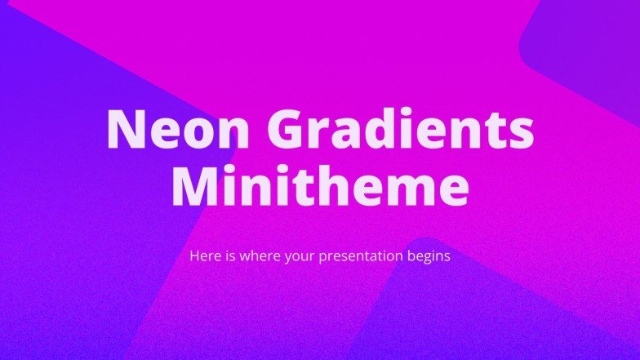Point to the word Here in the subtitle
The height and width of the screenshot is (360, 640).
point(203,256)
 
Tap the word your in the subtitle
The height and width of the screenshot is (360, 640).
point(301,256)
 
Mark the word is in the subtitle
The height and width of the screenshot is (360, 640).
point(228,256)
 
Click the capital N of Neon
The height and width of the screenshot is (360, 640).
point(125,128)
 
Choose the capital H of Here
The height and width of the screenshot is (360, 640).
point(195,256)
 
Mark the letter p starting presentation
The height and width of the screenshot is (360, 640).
point(326,258)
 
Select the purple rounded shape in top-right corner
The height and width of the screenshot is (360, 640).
point(588,41)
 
